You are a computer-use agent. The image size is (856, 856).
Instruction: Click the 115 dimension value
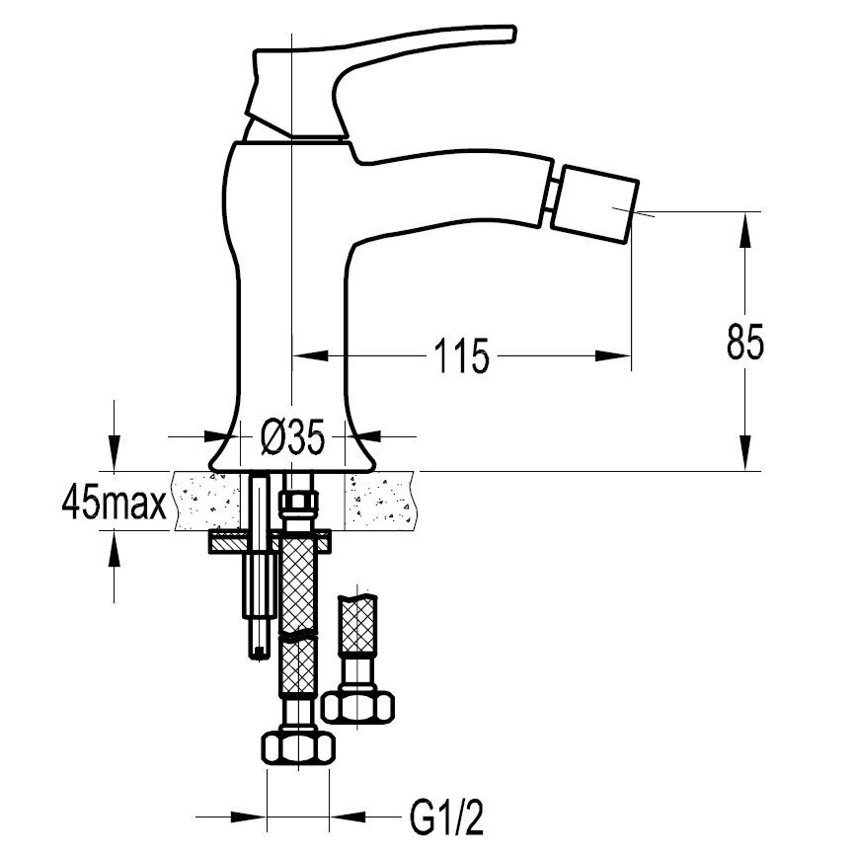pyautogui.click(x=461, y=356)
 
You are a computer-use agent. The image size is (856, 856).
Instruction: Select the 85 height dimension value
pyautogui.click(x=745, y=343)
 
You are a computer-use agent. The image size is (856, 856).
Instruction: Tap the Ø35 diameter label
pyautogui.click(x=292, y=436)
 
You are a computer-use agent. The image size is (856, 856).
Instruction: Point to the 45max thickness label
pyautogui.click(x=115, y=503)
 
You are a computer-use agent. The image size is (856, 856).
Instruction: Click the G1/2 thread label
pyautogui.click(x=447, y=817)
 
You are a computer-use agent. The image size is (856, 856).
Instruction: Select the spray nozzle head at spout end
pyautogui.click(x=594, y=203)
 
